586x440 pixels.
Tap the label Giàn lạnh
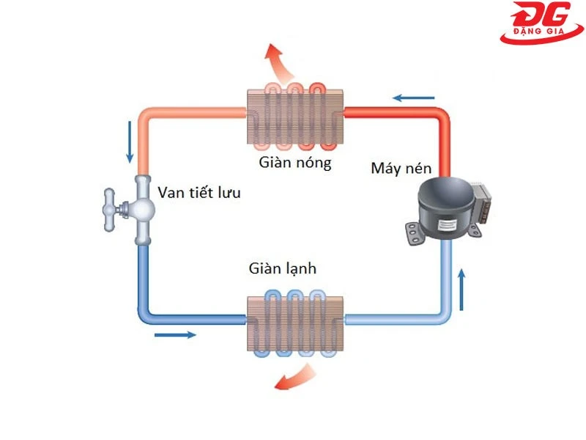282,269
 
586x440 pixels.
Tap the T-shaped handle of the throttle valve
112,208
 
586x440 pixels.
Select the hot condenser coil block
294,113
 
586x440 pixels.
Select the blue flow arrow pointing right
176,335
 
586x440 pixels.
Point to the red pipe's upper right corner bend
442,117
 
